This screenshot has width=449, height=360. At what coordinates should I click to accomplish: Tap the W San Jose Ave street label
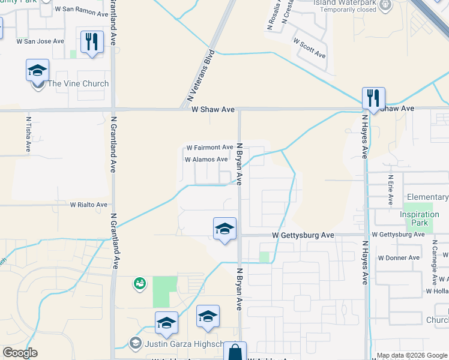click(40, 41)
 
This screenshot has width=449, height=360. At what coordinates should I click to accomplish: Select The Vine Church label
click(78, 84)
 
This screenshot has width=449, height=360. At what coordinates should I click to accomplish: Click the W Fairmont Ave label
click(209, 147)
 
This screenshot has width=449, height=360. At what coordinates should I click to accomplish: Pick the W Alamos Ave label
click(206, 160)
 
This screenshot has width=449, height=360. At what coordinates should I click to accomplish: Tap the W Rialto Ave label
click(88, 205)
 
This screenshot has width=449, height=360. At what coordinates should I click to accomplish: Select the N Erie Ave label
click(390, 190)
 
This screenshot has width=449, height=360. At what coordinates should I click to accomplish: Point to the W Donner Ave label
click(399, 257)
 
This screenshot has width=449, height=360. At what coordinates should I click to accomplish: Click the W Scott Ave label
click(309, 49)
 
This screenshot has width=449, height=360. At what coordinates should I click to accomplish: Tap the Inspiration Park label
click(420, 218)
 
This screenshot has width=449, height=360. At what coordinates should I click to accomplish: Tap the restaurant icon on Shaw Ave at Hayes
click(373, 98)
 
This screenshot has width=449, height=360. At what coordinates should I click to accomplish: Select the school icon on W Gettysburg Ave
click(224, 229)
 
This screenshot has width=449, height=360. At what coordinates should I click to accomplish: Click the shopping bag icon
click(235, 352)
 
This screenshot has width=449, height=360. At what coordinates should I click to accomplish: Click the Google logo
click(20, 353)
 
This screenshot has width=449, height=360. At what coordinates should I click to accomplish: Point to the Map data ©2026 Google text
click(410, 355)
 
